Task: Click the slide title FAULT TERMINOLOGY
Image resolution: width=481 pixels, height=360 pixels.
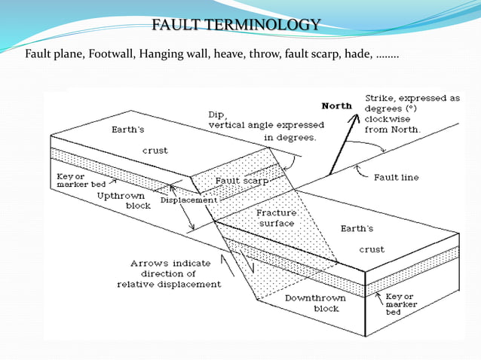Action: [236, 26]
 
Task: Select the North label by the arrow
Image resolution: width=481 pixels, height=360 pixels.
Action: [337, 105]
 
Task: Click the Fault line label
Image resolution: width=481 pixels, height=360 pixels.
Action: [396, 178]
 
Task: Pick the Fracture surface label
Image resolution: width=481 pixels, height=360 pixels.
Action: [276, 218]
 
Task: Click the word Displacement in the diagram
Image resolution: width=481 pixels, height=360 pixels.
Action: [188, 200]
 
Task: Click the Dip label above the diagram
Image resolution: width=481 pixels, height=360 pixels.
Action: [217, 114]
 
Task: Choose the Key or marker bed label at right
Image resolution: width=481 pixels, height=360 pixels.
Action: [408, 304]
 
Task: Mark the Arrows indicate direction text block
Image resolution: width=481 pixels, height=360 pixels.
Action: [169, 273]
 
